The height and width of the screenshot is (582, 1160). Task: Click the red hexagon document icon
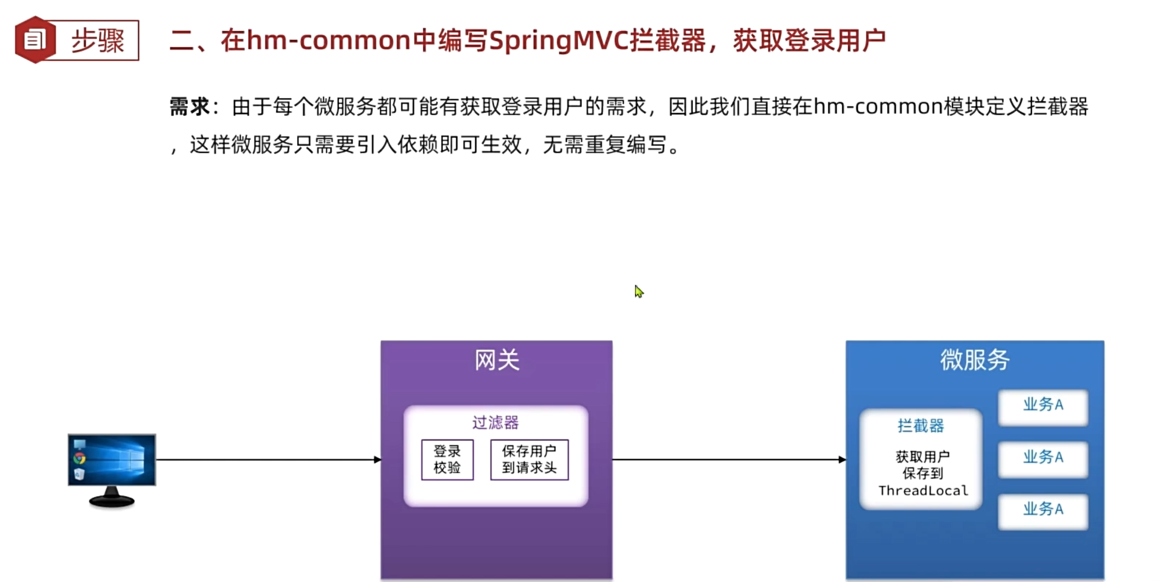click(x=35, y=40)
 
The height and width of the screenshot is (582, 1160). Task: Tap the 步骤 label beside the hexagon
click(x=97, y=41)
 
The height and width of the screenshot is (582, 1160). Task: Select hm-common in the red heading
click(x=329, y=41)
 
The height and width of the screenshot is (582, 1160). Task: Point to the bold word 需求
click(x=189, y=106)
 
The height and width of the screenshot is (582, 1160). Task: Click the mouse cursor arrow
click(x=638, y=291)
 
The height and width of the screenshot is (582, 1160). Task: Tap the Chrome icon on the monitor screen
click(x=80, y=459)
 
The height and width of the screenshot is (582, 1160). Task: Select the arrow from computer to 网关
click(x=268, y=460)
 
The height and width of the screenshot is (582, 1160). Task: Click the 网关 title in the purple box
click(x=497, y=360)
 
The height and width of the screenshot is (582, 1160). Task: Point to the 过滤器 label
click(x=496, y=423)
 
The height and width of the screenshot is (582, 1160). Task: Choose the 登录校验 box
click(x=447, y=460)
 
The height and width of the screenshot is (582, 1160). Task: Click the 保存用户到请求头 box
click(x=529, y=460)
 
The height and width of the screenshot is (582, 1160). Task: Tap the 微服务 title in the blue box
click(x=974, y=360)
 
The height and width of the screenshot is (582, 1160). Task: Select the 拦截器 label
click(x=921, y=426)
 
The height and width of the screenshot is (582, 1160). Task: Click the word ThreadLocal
click(x=923, y=491)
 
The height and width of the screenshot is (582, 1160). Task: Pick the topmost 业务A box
click(x=1043, y=405)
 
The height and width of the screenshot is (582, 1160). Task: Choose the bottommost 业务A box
click(x=1043, y=509)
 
